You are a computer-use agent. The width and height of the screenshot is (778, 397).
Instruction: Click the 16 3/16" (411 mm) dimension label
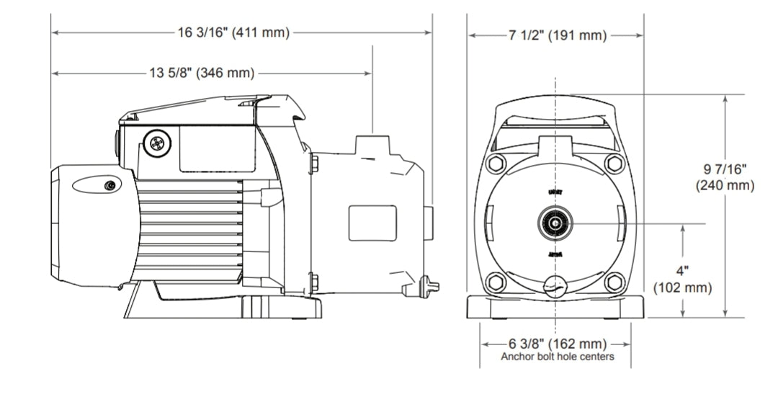(233, 32)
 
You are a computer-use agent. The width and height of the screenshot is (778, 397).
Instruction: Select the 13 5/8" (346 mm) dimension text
(202, 73)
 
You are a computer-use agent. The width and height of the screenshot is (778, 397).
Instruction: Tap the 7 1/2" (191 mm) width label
(555, 35)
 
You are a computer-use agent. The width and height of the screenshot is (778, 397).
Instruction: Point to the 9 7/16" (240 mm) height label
(725, 177)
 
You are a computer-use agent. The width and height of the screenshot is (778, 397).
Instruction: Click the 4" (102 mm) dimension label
(682, 280)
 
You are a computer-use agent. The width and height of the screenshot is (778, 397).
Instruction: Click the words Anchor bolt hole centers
(558, 357)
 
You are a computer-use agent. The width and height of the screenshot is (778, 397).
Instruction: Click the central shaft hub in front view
(555, 223)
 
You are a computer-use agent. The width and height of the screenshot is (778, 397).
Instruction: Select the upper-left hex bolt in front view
(496, 163)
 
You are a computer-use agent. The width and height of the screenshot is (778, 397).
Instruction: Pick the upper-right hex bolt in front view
(614, 163)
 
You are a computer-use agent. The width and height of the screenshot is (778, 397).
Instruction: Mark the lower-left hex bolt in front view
(496, 282)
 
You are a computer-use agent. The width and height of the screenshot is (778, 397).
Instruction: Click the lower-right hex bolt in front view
(614, 282)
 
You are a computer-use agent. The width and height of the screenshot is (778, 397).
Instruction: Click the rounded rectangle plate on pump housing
(372, 223)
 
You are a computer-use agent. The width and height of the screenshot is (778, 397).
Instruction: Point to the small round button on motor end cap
(110, 186)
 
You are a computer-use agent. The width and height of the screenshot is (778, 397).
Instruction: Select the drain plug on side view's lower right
(431, 284)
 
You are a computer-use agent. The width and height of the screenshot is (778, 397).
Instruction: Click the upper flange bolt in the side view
(313, 163)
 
